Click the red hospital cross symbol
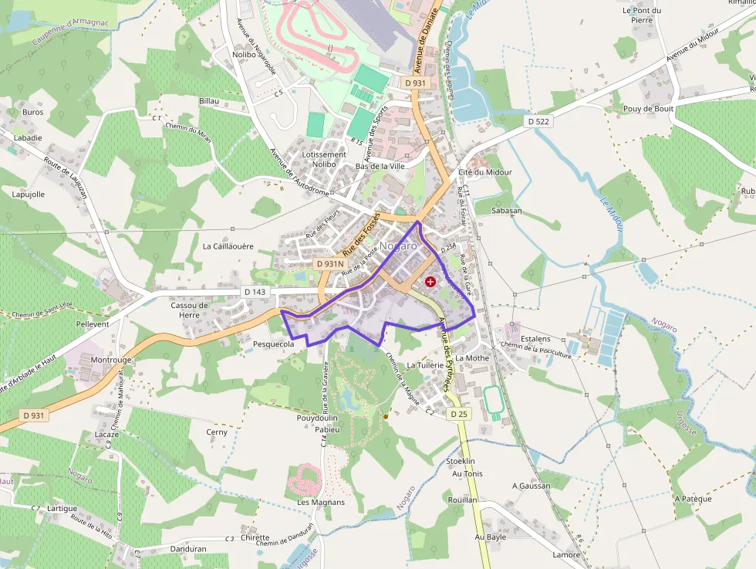430,283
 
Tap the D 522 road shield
538,122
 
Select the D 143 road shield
255,292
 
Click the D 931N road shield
329,264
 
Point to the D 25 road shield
458,415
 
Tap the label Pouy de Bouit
648,109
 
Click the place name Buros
33,112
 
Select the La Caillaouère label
228,246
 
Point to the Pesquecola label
274,344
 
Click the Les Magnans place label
321,502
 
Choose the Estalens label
535,338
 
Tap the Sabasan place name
507,210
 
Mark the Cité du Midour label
485,172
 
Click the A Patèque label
693,499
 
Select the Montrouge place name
111,360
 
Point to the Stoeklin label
461,461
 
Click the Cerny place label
217,432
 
